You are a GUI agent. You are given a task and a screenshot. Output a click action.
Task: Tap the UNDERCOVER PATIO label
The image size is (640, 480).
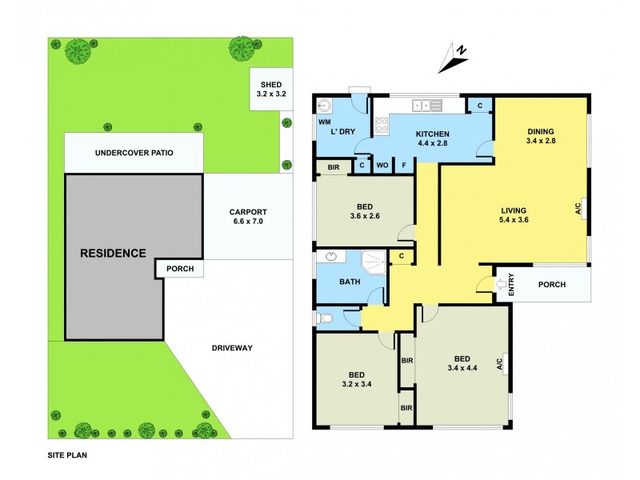[x=134, y=153]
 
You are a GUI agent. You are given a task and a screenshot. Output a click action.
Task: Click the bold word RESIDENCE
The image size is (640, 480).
[x=112, y=254]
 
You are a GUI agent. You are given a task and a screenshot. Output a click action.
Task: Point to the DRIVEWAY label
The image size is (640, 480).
[x=233, y=348]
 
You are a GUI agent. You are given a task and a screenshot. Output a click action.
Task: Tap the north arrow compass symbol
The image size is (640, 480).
[x=456, y=56]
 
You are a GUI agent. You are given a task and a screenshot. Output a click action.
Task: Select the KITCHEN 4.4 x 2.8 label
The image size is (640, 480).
[x=432, y=138]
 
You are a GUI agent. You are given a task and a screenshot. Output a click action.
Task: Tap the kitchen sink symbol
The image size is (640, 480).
[x=425, y=105]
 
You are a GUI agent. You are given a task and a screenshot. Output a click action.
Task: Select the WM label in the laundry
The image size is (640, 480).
[x=325, y=122]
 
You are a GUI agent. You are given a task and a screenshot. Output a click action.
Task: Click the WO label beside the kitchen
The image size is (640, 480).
[x=383, y=166]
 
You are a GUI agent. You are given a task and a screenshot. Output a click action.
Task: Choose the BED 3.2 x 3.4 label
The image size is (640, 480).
[x=357, y=378]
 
